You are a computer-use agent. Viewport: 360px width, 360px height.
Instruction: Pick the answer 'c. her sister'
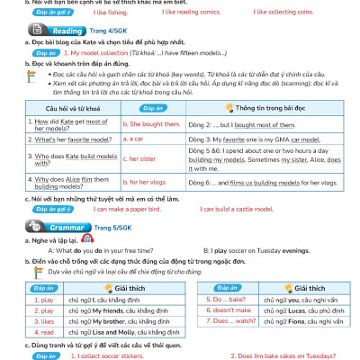pos(141,158)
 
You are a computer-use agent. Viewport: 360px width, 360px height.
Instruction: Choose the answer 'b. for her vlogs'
pos(145,182)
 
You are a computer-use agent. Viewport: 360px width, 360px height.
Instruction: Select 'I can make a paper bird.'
pos(140,209)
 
